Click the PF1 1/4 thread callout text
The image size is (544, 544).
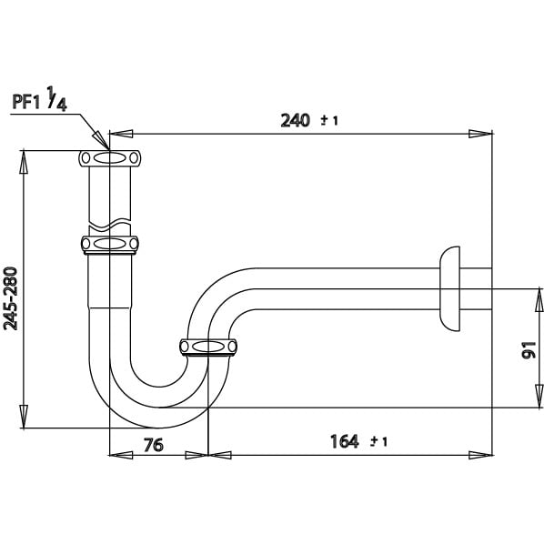tap(39, 99)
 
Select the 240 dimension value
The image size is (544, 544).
tap(295, 121)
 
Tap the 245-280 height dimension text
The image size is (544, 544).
tap(10, 298)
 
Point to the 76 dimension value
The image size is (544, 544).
tap(154, 445)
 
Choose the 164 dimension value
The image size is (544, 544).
tap(344, 441)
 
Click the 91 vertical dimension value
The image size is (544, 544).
tap(529, 349)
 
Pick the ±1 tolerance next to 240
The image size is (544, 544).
tap(329, 121)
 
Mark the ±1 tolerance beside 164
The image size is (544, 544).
tap(378, 441)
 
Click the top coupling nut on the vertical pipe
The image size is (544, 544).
tap(110, 158)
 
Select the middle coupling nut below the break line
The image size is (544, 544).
tap(110, 244)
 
